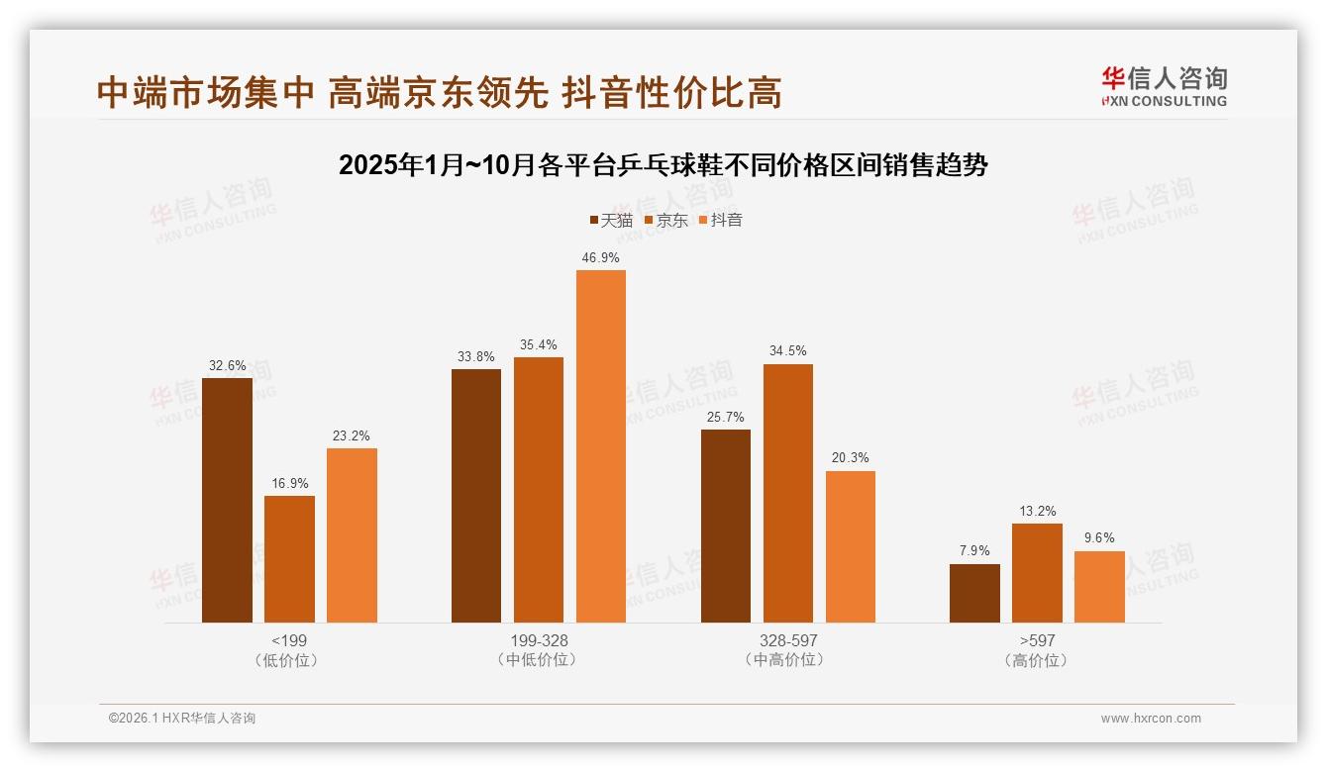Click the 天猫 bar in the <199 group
click(x=227, y=500)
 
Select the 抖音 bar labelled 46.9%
click(x=601, y=446)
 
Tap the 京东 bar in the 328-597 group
click(x=787, y=493)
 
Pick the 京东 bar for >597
click(x=1037, y=573)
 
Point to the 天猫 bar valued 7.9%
click(x=974, y=593)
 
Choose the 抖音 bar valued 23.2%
click(x=352, y=535)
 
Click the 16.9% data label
click(x=289, y=483)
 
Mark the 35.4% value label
click(x=539, y=344)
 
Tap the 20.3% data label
click(x=850, y=458)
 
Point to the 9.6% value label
click(x=1099, y=538)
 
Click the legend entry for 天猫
click(x=611, y=220)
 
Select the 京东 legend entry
click(x=666, y=220)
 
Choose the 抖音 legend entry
click(x=721, y=220)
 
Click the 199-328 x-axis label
click(x=539, y=640)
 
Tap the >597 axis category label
click(x=1037, y=640)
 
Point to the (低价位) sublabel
click(x=289, y=660)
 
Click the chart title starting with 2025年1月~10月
click(x=663, y=164)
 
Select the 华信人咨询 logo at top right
click(x=1164, y=86)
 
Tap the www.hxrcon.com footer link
click(x=1151, y=719)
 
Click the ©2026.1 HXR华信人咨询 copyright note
click(x=182, y=719)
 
